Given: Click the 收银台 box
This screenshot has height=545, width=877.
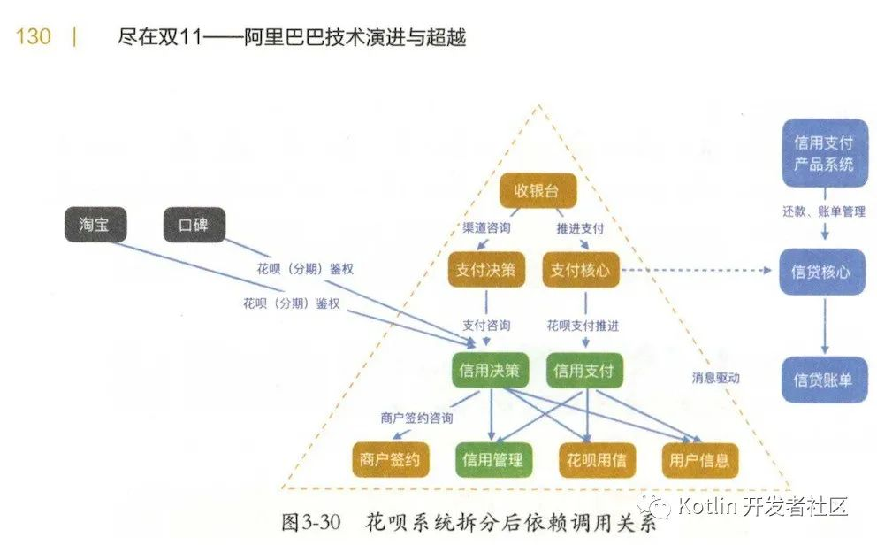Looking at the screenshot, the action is [538, 191].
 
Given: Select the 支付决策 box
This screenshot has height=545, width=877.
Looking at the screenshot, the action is [485, 270].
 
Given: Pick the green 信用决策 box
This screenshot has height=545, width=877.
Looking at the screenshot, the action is [489, 371].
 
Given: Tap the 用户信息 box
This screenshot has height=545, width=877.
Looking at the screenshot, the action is [698, 460].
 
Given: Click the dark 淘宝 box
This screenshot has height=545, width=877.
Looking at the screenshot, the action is [95, 225].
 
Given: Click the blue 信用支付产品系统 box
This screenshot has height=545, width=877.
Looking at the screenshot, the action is [824, 153].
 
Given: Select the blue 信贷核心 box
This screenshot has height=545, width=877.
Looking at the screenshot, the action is [822, 272].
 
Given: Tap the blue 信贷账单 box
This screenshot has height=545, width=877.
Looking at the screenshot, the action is [823, 380].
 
